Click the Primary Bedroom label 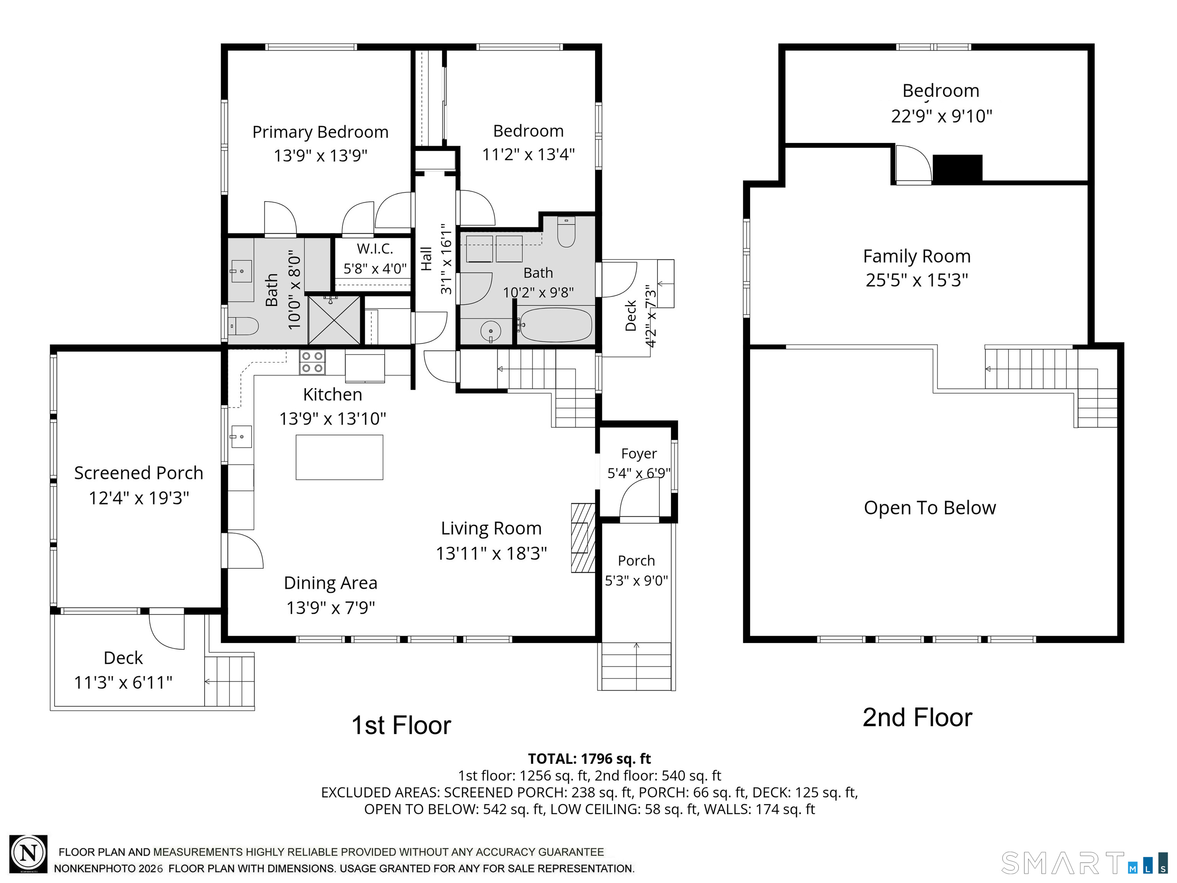tap(320, 132)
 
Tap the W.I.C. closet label tap(375, 249)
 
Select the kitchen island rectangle tap(339, 457)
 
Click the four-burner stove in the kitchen tap(312, 362)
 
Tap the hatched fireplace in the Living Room tap(583, 538)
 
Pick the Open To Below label tap(929, 508)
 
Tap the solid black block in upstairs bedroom tap(957, 168)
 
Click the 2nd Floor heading tap(917, 717)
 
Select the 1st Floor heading tap(401, 725)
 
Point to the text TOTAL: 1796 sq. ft tap(589, 758)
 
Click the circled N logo tap(29, 854)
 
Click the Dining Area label tap(330, 583)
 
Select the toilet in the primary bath tap(243, 326)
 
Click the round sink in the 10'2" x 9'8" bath tap(490, 331)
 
